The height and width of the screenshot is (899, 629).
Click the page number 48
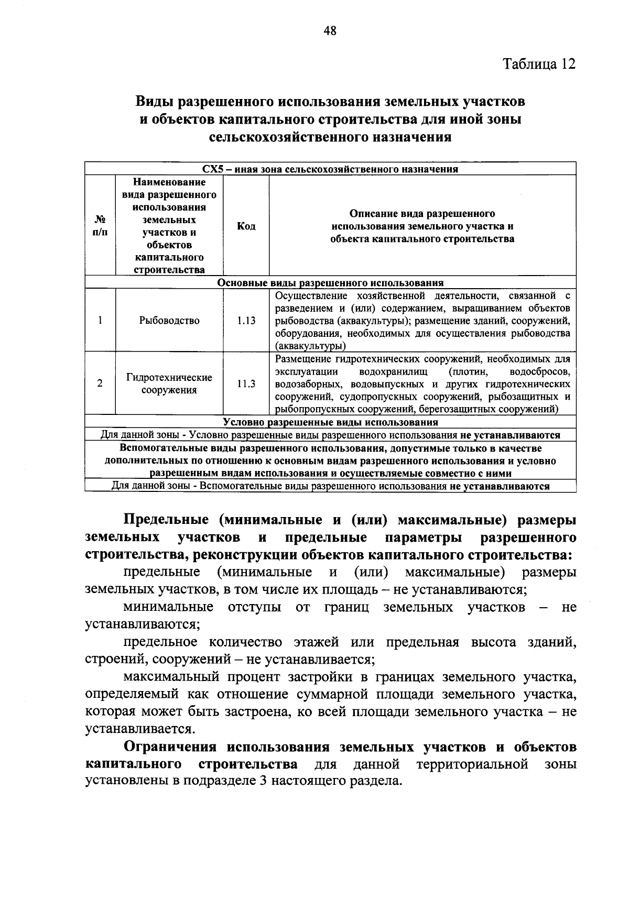point(330,31)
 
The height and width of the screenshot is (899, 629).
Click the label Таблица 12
point(539,64)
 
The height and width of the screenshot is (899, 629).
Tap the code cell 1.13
point(246,321)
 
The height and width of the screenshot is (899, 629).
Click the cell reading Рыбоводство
point(169,321)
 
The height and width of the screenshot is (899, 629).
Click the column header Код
point(246,226)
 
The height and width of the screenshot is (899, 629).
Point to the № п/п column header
point(100,226)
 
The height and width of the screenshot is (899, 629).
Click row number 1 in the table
point(100,321)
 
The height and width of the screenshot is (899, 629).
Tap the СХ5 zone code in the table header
point(213,169)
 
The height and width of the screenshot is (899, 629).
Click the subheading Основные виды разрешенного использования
point(330,283)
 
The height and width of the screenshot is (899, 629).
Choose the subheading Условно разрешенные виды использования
point(330,422)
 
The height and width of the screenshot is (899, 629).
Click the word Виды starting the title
point(153,101)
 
